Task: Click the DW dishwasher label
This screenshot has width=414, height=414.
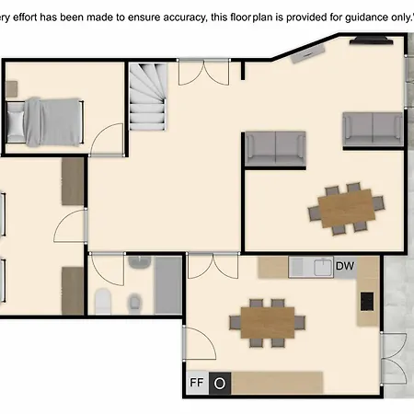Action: (345, 266)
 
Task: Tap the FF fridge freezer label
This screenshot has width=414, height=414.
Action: (197, 383)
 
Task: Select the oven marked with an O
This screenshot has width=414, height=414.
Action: (220, 384)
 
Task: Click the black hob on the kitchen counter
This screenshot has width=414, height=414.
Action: (367, 302)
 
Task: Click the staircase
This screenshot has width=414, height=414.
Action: (148, 97)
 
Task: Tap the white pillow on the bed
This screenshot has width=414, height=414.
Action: (16, 123)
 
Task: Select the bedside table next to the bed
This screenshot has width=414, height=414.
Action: (11, 89)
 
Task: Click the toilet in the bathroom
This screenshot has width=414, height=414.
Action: (102, 301)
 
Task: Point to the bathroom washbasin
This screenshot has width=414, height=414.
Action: (140, 262)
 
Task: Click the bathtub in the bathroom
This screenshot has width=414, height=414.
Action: (168, 285)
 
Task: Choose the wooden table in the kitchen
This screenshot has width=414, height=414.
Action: (268, 322)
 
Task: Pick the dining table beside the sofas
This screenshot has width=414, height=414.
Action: (347, 208)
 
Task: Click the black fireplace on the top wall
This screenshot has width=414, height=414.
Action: (372, 40)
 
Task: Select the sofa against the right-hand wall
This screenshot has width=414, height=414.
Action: (373, 130)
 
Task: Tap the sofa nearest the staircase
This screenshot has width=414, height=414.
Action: (275, 149)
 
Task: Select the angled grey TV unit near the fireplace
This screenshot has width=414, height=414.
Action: (307, 53)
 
